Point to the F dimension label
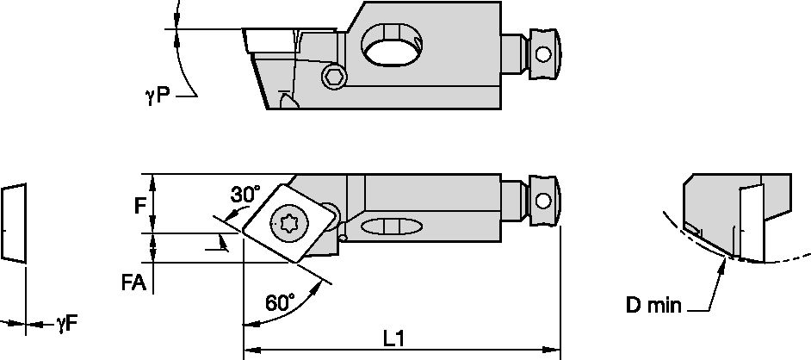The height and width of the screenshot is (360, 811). pos(139,206)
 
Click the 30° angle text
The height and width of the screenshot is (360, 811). pos(245,195)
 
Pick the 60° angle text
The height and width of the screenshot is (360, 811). pos(280,302)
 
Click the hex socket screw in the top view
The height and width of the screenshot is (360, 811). pos(334,78)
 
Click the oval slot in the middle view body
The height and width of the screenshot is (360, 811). pos(392,227)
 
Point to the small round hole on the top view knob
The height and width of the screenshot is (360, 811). pos(542,54)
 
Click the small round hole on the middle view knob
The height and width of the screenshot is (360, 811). pos(542,201)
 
